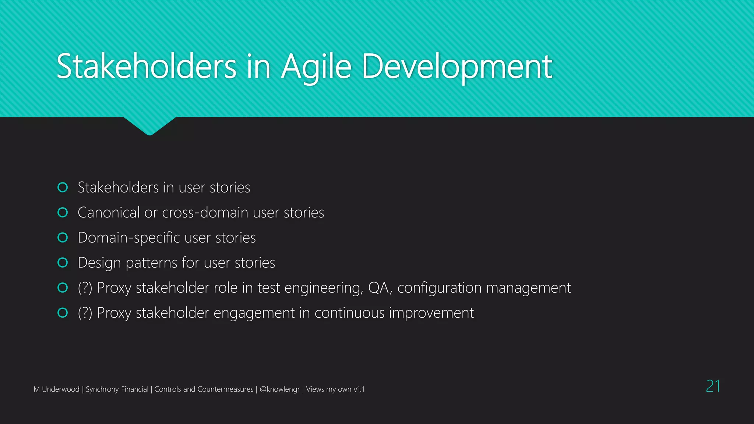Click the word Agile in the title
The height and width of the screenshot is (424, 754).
(316, 67)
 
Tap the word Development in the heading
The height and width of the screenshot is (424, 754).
(457, 67)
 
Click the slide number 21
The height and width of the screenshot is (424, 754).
(713, 386)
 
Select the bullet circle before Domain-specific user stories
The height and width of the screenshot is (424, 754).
(63, 238)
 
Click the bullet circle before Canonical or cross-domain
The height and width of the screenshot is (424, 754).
(63, 213)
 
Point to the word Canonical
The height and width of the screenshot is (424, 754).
(109, 213)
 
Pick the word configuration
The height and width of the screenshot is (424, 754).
(437, 288)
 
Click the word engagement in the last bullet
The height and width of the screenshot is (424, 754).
(254, 313)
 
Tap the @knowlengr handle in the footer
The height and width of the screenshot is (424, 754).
(279, 389)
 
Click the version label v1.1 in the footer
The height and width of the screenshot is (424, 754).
(359, 389)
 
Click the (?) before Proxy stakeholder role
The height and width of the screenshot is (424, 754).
(85, 288)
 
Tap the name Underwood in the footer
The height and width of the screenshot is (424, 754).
(60, 389)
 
